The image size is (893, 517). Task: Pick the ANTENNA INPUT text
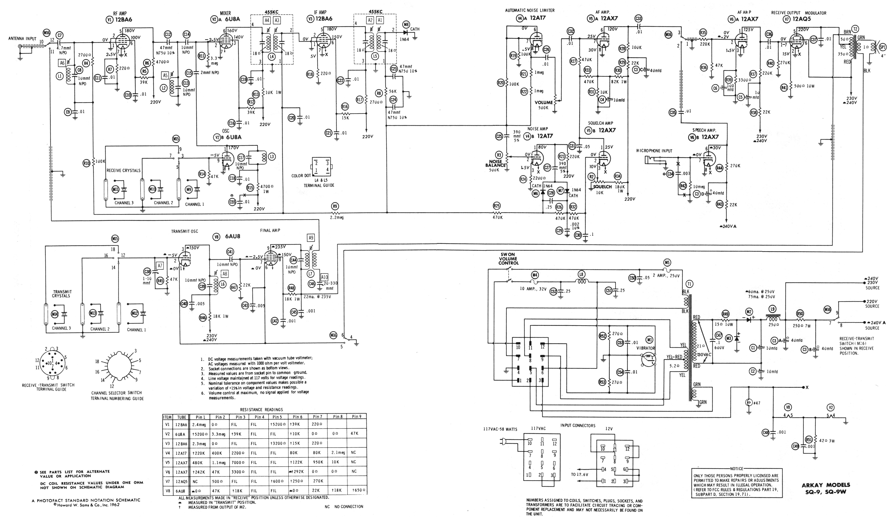click(x=22, y=39)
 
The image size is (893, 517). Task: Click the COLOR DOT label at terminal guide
click(x=301, y=176)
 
